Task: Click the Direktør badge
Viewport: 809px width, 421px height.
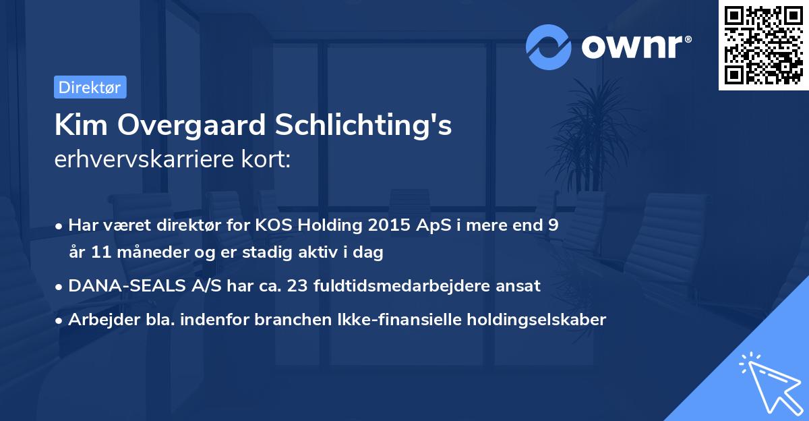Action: pos(90,87)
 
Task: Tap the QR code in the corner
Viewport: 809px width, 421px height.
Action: pos(763,45)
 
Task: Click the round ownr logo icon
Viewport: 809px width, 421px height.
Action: pos(549,47)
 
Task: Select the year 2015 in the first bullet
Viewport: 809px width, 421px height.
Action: pos(380,226)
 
